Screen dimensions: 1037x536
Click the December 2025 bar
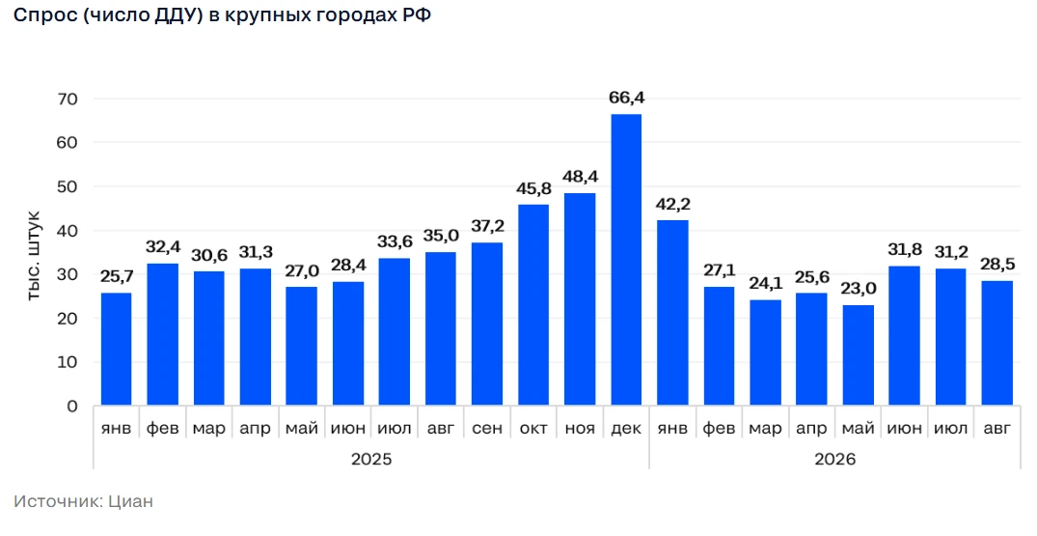click(x=626, y=260)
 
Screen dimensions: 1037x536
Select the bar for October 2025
click(x=533, y=304)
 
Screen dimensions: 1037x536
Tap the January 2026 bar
click(x=672, y=312)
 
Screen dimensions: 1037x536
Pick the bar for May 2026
click(x=858, y=354)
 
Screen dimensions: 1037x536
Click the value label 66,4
click(x=626, y=98)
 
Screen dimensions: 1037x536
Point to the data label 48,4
click(x=580, y=177)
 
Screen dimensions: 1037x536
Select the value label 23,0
click(x=859, y=289)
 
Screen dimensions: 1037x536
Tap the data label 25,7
click(x=117, y=276)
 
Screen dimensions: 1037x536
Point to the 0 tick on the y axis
click(x=72, y=407)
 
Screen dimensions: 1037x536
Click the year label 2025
click(x=371, y=459)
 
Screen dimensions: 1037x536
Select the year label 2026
click(x=834, y=459)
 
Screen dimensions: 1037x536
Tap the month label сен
click(x=487, y=429)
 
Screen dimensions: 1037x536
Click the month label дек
click(x=626, y=429)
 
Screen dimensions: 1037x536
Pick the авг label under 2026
click(x=996, y=429)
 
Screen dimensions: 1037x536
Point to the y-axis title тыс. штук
click(x=35, y=255)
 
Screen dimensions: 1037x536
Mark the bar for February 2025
click(x=163, y=334)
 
